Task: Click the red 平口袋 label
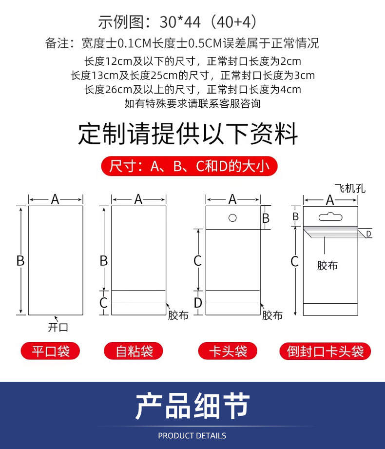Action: pos(50,351)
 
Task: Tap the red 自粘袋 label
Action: pos(134,351)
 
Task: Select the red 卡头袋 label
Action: pos(228,351)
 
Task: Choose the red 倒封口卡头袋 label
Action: pos(325,351)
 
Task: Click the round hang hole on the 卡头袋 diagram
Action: pos(232,218)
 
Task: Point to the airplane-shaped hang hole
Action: pos(330,217)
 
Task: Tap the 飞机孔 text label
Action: pos(350,188)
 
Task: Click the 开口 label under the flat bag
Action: pos(58,327)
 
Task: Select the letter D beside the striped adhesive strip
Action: pos(369,234)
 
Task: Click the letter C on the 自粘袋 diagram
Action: pos(103,303)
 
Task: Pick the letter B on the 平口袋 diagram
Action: pos(20,261)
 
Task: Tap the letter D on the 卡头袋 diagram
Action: pos(198,303)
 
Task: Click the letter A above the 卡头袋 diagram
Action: pos(232,199)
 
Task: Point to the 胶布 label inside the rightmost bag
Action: pos(327,265)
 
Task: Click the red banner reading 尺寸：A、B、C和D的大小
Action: pos(189,166)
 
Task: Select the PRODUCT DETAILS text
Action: pos(192,436)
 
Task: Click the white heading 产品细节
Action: pos(192,406)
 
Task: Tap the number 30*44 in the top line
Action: pos(180,22)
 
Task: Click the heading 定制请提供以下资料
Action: pos(188,134)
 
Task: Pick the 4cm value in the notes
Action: pos(290,90)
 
